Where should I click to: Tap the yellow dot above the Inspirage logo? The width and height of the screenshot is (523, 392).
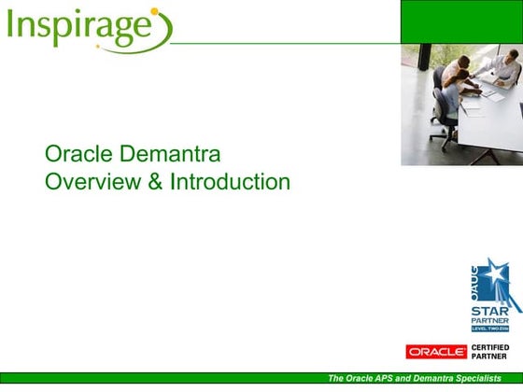click(154, 12)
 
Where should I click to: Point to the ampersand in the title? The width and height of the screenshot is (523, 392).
click(154, 181)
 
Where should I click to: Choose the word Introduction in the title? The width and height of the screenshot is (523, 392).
click(230, 181)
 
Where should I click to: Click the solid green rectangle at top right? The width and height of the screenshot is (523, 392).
click(461, 21)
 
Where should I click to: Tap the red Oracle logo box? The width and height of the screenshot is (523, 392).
click(436, 352)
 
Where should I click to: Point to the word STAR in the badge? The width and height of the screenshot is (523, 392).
click(489, 310)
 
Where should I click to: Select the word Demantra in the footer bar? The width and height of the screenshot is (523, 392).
click(426, 378)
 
